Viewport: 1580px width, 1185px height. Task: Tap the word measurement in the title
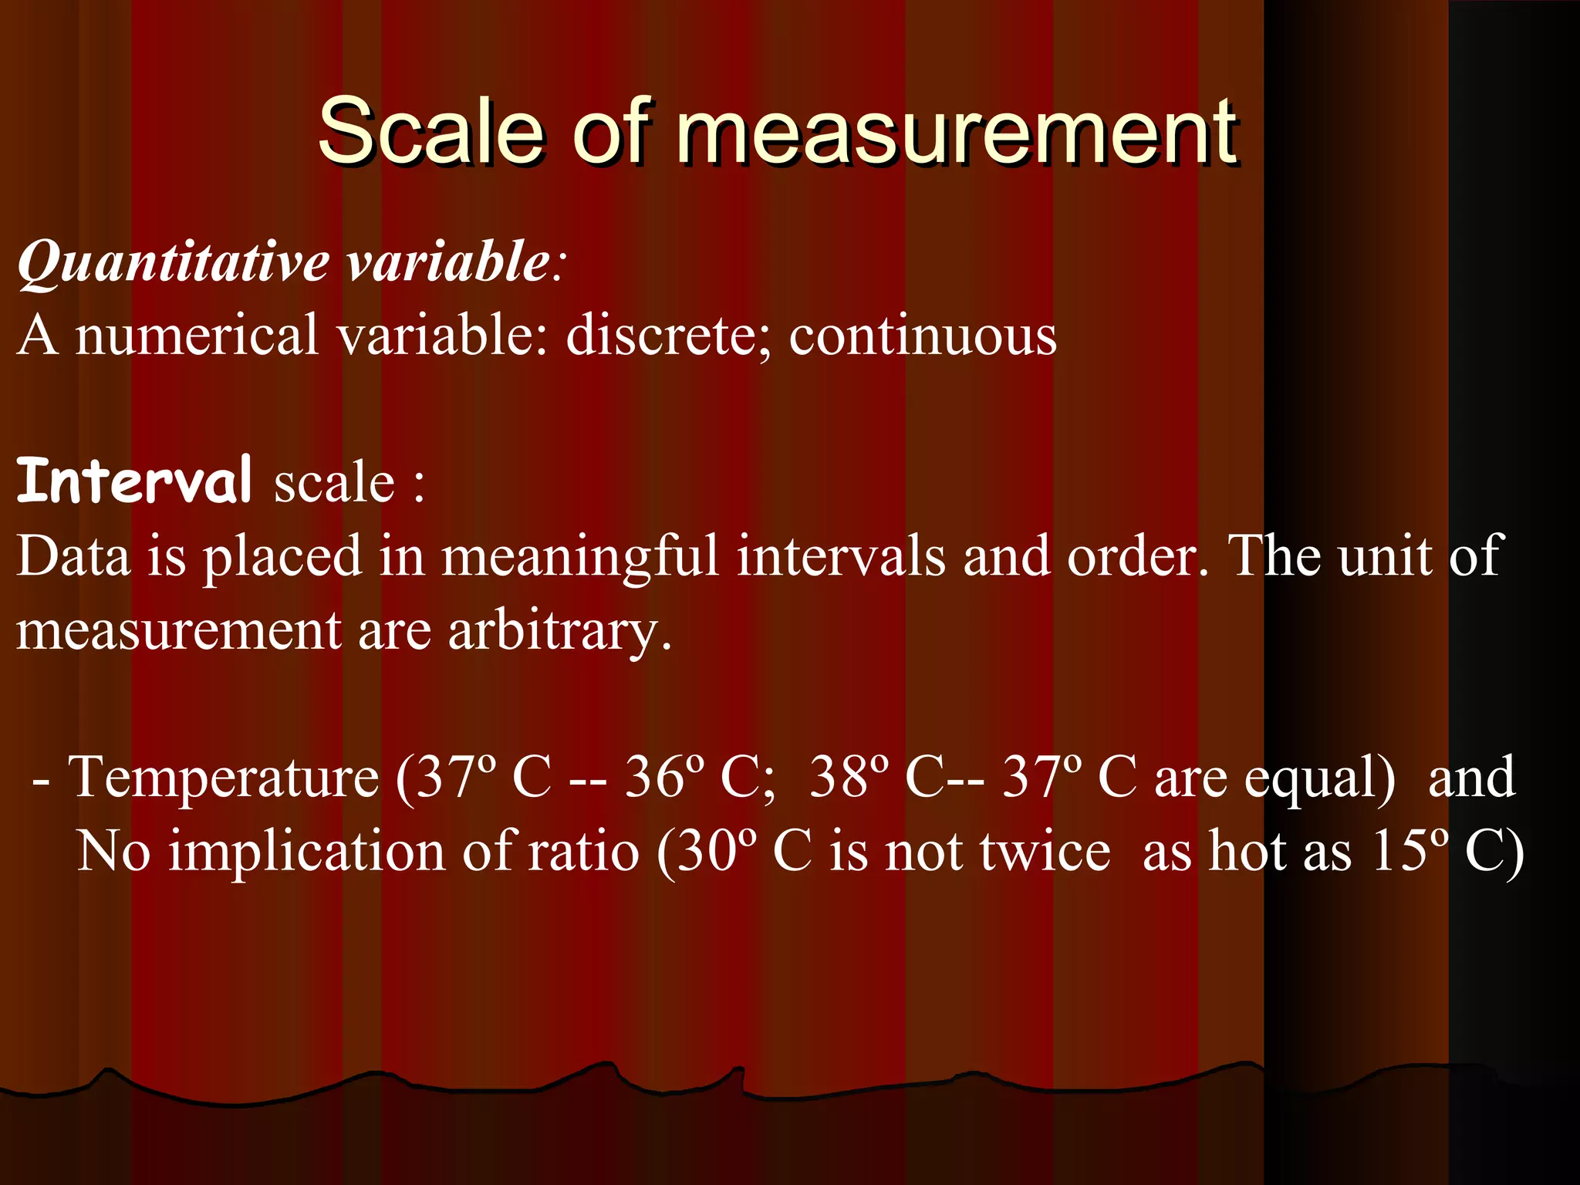click(957, 133)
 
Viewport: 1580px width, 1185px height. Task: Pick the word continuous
click(923, 336)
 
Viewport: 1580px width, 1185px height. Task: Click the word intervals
click(841, 555)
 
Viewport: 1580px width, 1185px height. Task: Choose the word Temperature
click(224, 778)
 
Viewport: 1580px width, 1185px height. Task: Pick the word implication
click(307, 852)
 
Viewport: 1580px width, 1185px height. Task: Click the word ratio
click(583, 851)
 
